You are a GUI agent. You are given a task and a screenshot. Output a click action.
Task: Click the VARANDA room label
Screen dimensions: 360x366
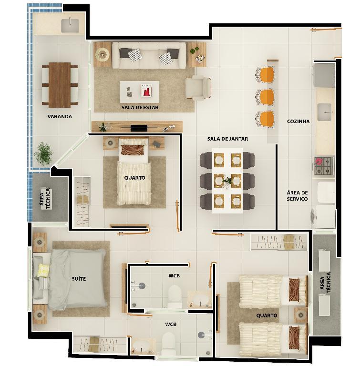tap(60, 116)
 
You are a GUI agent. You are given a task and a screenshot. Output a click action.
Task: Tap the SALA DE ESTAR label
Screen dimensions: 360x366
tap(140, 108)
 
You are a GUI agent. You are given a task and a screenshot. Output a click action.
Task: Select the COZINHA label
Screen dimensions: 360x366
tap(298, 121)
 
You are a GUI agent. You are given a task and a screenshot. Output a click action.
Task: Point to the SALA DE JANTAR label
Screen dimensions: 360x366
tap(227, 139)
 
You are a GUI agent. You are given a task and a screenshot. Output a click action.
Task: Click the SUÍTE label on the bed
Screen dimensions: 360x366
tap(79, 278)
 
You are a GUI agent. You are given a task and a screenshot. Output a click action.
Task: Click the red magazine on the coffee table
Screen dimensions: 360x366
tap(146, 91)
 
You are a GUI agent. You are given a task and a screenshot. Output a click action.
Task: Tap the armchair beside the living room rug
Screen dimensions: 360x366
tap(198, 88)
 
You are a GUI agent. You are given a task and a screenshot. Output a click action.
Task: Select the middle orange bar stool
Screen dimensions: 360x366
tap(265, 96)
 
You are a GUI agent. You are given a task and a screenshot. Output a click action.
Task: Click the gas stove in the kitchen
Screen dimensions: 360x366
tap(324, 166)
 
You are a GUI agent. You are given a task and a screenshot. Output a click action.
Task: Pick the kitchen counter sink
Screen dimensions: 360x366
tap(324, 112)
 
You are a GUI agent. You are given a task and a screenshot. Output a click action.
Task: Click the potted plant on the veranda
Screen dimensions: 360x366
tap(43, 154)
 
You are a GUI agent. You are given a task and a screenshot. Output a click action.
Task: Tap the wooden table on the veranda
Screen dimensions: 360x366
tap(60, 85)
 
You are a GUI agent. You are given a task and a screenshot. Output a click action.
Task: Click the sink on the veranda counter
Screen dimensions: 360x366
tap(70, 25)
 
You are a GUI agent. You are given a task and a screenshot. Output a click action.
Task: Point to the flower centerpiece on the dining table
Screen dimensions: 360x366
tap(227, 181)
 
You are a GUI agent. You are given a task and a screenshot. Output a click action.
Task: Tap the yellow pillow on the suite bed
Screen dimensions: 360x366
tap(43, 270)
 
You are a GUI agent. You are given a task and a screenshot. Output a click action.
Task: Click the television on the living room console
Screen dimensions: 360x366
tap(139, 127)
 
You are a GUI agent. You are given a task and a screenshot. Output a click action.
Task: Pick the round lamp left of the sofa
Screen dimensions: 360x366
tap(102, 54)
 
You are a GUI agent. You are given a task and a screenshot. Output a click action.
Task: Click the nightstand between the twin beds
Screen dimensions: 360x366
tap(300, 315)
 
